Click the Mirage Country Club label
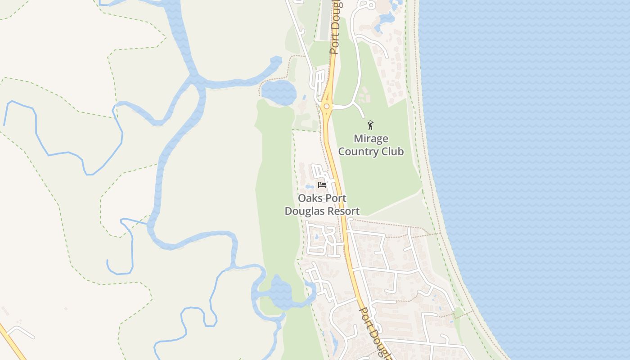[x=371, y=145]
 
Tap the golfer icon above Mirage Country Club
[x=370, y=125]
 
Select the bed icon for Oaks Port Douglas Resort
[x=322, y=184]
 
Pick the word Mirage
[x=371, y=139]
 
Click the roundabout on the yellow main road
[x=326, y=107]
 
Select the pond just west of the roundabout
[x=279, y=92]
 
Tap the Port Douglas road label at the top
[x=335, y=27]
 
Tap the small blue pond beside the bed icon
[x=309, y=186]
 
